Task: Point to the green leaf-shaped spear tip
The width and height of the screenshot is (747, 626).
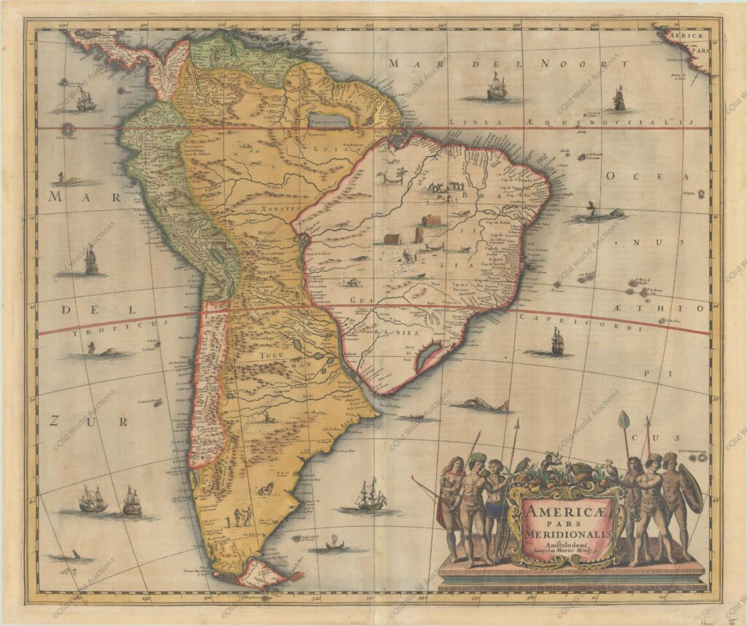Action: [x=624, y=421]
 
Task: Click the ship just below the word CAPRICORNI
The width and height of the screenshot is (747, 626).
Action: [x=557, y=341]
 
